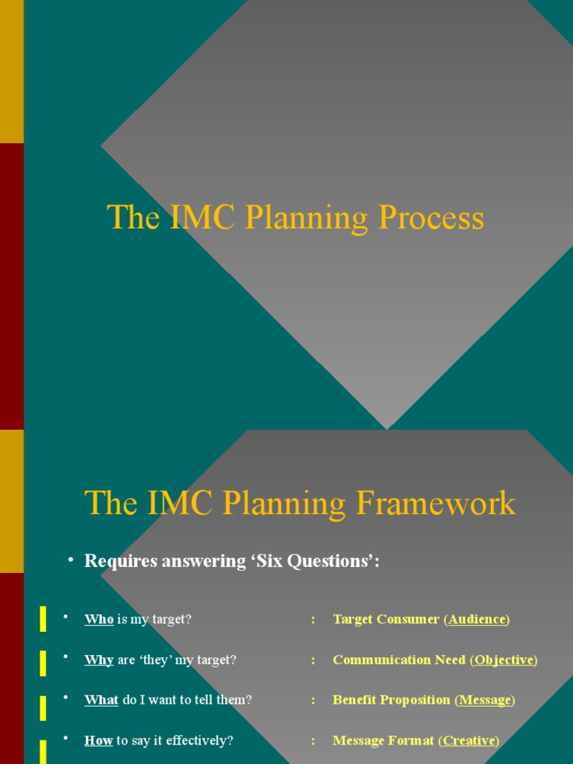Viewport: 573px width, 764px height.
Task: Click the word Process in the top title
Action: [x=430, y=219]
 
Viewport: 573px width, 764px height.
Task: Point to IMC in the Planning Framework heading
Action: [x=178, y=503]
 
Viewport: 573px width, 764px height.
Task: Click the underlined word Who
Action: [x=98, y=619]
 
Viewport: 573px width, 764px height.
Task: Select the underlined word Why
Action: [x=98, y=660]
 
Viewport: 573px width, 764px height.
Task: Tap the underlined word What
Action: [x=101, y=700]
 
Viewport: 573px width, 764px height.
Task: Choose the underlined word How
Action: [x=98, y=740]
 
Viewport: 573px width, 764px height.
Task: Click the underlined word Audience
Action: [x=477, y=619]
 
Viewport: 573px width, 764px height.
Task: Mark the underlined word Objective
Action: [x=504, y=660]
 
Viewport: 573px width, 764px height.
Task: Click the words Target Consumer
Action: [x=386, y=619]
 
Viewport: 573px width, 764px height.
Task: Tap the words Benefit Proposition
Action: [x=392, y=700]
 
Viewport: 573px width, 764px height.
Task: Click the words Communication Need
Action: [x=399, y=660]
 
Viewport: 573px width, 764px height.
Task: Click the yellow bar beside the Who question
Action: [x=43, y=619]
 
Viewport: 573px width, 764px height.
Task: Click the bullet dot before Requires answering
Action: [x=70, y=560]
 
